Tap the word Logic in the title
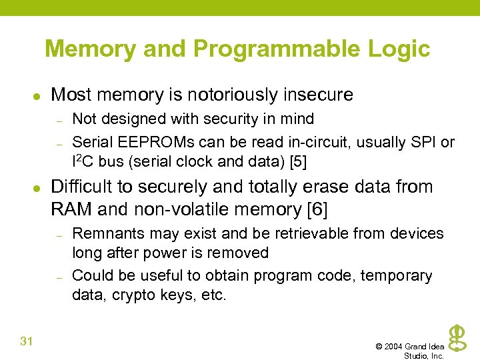[401, 49]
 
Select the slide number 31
[27, 342]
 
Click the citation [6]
[317, 209]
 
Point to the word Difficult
[85, 187]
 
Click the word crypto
[135, 295]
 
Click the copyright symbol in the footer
[379, 347]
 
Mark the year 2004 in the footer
[394, 347]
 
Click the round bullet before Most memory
[41, 96]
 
